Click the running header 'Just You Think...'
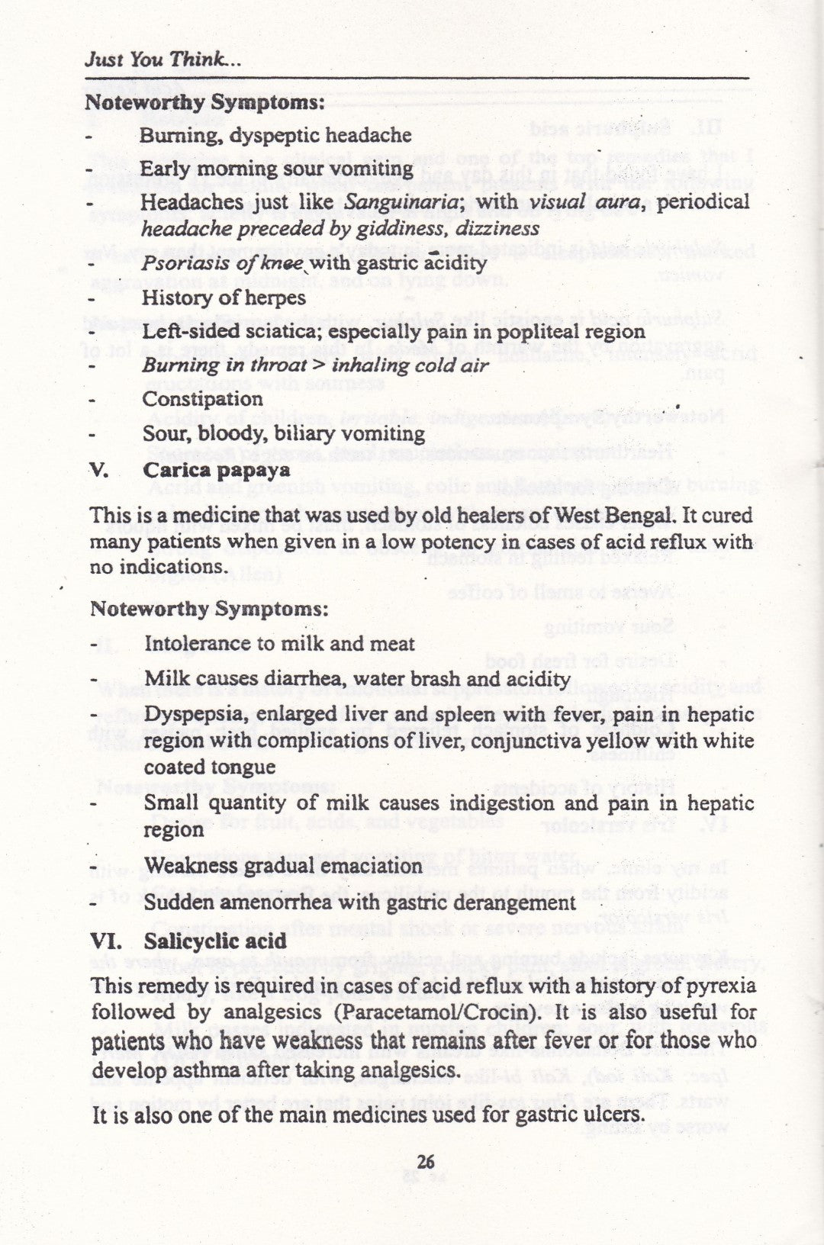(163, 59)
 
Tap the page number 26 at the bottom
(426, 1161)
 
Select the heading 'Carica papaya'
(217, 470)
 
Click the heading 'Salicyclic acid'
(204, 941)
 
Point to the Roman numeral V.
(100, 470)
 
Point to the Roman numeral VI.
(104, 941)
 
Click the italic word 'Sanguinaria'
(405, 202)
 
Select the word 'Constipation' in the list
(202, 399)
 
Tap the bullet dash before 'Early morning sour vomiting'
(89, 169)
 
